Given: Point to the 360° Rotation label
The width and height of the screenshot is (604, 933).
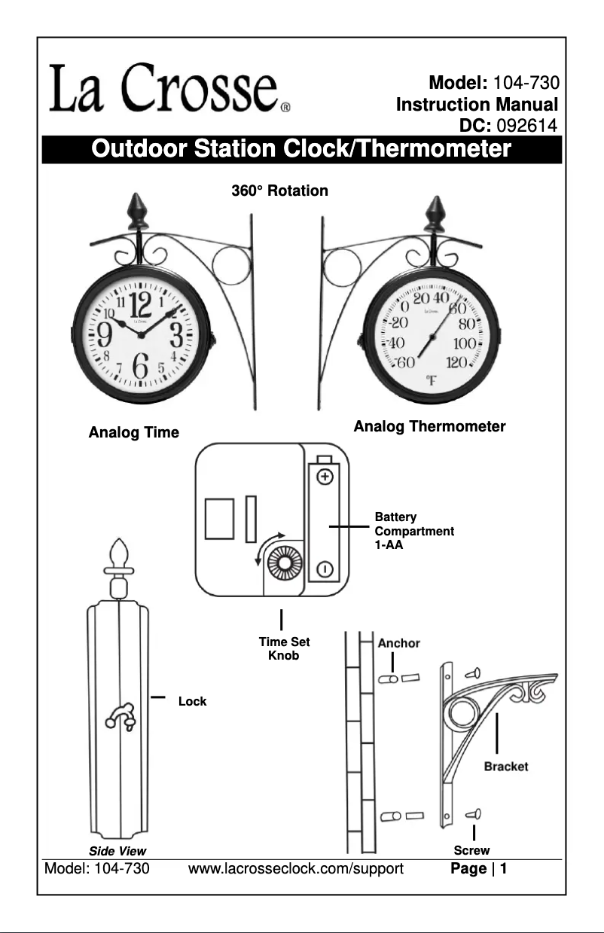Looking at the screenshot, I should click(279, 191).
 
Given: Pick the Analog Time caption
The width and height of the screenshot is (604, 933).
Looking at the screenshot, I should click(134, 432).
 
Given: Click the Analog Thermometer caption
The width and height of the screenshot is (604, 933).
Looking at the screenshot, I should click(429, 427).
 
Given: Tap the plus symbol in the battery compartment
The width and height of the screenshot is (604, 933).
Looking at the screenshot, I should click(324, 477).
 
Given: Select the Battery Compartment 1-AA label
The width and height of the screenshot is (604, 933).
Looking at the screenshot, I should click(413, 531).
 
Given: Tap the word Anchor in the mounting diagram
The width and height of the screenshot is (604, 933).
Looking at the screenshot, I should click(398, 644).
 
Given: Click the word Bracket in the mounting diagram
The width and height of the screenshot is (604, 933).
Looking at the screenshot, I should click(505, 766).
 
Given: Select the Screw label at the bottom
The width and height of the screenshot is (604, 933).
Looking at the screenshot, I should click(471, 850).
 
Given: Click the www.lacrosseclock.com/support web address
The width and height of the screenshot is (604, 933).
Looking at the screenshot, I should click(296, 869).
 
